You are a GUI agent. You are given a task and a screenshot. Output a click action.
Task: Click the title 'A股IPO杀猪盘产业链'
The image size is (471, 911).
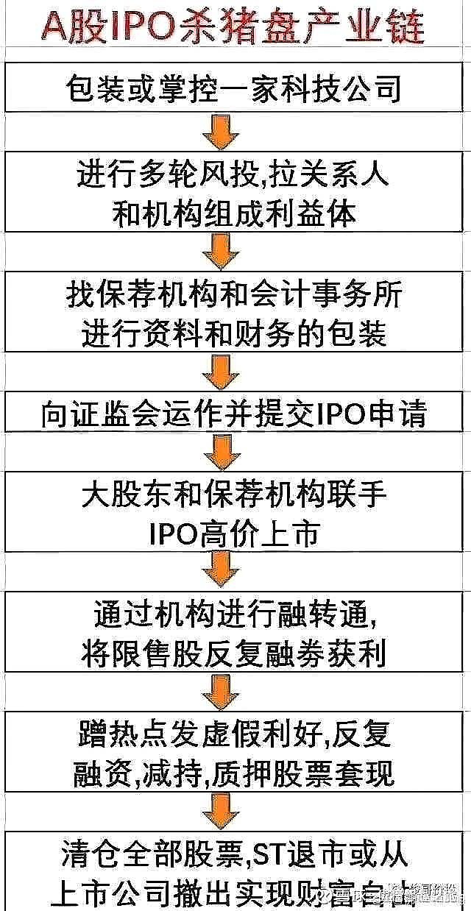[234, 29]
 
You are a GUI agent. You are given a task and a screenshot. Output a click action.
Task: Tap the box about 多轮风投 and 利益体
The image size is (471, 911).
[234, 192]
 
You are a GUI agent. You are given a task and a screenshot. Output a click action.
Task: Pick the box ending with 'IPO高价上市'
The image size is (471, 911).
[234, 513]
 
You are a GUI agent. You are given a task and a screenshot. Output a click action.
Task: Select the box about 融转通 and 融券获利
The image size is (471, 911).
[234, 632]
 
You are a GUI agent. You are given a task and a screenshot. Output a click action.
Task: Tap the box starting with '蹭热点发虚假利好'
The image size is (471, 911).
[234, 753]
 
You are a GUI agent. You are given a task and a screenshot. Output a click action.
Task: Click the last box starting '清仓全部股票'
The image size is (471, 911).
[234, 873]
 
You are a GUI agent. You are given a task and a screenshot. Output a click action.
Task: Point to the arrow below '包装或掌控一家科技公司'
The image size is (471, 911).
[221, 132]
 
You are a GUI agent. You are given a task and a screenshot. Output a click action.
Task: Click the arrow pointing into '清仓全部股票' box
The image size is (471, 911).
[221, 812]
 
